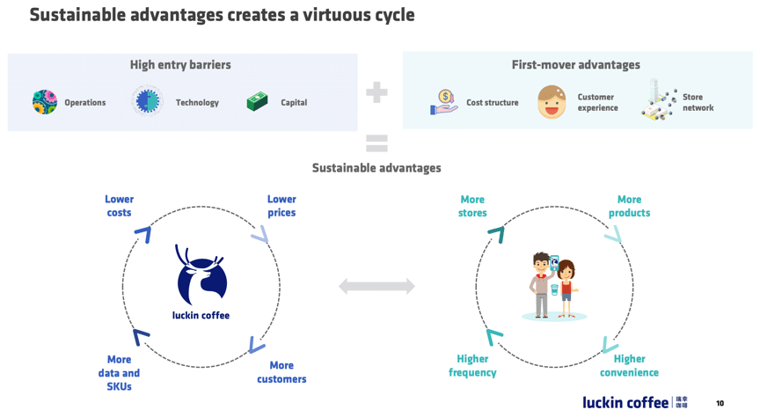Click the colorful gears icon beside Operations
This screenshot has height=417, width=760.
pyautogui.click(x=45, y=102)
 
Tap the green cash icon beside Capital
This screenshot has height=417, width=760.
pyautogui.click(x=258, y=102)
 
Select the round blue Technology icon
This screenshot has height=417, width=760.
pyautogui.click(x=148, y=101)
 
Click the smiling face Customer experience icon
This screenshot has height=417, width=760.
pyautogui.click(x=552, y=102)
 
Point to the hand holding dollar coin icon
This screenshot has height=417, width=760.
pyautogui.click(x=444, y=102)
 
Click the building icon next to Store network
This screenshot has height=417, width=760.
pyautogui.click(x=658, y=99)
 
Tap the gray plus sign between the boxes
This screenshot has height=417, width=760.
pyautogui.click(x=376, y=92)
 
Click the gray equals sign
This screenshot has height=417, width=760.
pyautogui.click(x=376, y=143)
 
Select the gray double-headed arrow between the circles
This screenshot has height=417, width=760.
pyautogui.click(x=376, y=286)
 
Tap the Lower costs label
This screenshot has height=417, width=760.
pyautogui.click(x=120, y=206)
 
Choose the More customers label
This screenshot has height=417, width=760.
pyautogui.click(x=281, y=372)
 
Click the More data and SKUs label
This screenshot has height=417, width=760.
pyautogui.click(x=120, y=373)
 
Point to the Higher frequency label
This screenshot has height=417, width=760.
pyautogui.click(x=472, y=366)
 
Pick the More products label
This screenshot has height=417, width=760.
pyautogui.click(x=629, y=206)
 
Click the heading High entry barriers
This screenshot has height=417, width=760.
pyautogui.click(x=180, y=64)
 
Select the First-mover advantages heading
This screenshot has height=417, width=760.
pyautogui.click(x=576, y=64)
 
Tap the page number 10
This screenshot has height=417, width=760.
pyautogui.click(x=720, y=403)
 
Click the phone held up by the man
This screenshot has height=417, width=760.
pyautogui.click(x=554, y=262)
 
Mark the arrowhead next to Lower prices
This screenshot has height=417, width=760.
pyautogui.click(x=260, y=234)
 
